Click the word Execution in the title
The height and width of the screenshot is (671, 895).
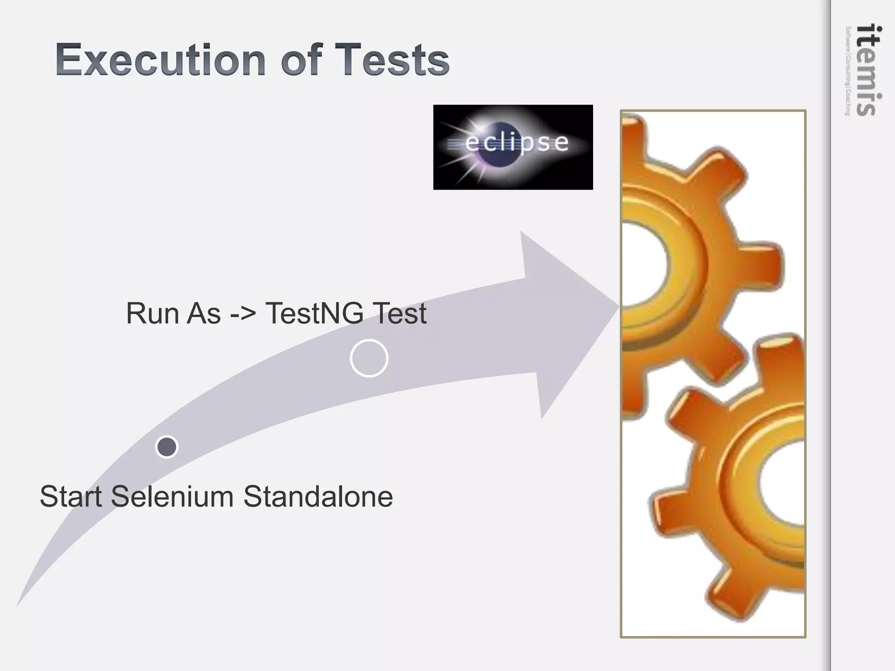point(160,60)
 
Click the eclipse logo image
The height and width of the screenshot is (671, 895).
point(513,147)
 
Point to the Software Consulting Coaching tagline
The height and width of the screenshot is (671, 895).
point(848,71)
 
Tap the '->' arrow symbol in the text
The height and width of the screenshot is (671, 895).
point(243,314)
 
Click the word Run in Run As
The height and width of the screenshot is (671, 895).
point(153,313)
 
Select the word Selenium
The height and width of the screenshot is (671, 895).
point(172,497)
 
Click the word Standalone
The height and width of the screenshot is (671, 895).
point(318,497)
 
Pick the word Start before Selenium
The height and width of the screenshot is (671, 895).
point(71,497)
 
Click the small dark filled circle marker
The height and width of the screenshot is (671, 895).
point(167,447)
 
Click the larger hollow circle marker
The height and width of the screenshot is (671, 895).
point(369,358)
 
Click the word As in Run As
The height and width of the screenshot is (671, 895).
point(204,313)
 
